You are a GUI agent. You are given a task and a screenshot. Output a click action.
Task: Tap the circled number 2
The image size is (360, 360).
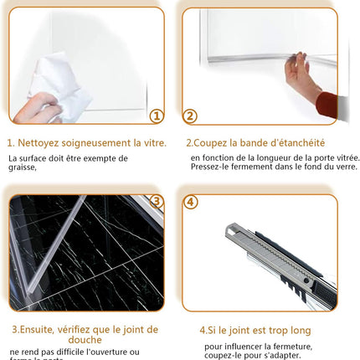tap(191, 116)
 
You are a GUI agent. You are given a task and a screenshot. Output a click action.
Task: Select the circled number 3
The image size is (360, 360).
tap(156, 202)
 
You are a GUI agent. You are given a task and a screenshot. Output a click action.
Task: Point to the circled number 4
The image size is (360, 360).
tap(191, 202)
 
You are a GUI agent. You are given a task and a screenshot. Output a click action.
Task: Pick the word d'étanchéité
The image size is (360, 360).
tap(298, 143)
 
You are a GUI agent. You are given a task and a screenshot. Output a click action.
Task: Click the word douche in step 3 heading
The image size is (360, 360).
tap(83, 340)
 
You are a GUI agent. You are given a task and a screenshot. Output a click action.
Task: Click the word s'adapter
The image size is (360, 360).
tap(293, 357)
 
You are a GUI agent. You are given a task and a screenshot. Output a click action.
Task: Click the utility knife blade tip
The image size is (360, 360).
tap(229, 229)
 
